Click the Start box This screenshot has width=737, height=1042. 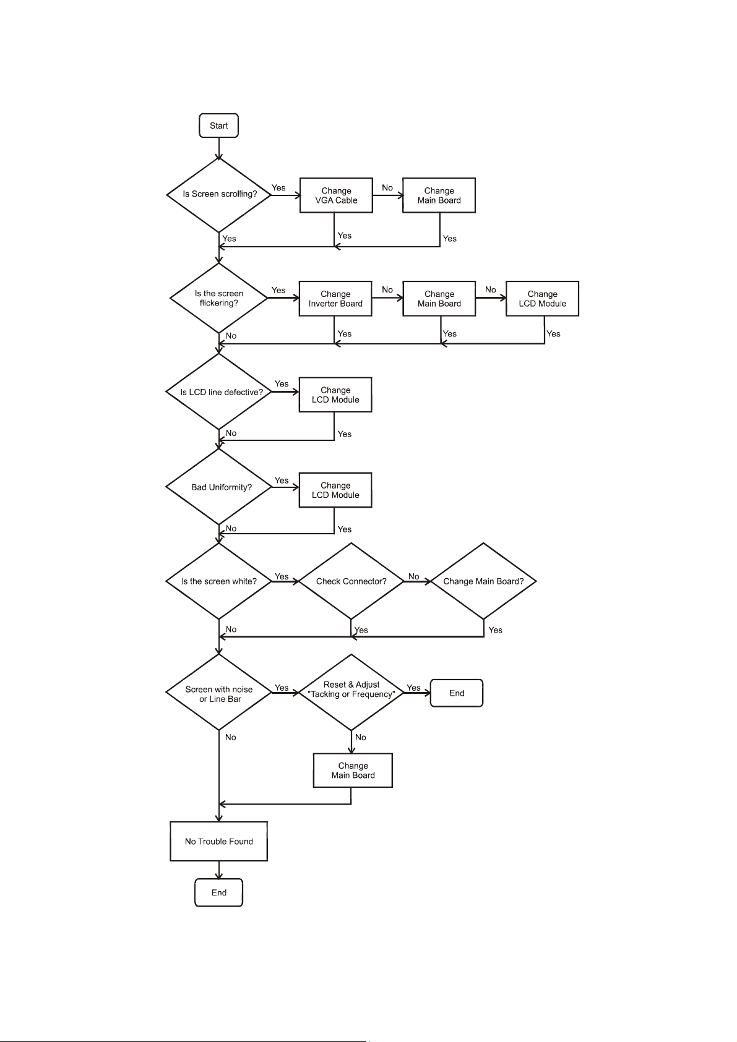218,126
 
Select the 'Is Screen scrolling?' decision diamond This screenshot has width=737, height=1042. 219,194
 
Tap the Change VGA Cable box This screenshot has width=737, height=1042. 336,195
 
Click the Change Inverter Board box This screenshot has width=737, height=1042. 335,299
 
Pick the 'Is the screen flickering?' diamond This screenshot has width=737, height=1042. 219,298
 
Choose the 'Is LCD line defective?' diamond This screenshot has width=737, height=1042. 219,392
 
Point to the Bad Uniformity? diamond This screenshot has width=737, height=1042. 219,487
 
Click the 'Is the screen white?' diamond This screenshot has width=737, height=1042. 219,581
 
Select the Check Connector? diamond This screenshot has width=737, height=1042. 351,581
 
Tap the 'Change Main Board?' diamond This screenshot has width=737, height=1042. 483,581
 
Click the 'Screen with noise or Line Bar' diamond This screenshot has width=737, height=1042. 219,693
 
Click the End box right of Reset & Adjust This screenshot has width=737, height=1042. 457,693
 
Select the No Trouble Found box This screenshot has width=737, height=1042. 219,841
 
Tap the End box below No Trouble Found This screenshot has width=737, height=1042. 219,892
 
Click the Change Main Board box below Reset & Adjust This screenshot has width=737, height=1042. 353,771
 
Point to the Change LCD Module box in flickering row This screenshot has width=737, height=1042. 542,299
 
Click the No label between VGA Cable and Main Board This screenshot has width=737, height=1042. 387,188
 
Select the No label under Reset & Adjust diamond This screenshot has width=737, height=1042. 361,737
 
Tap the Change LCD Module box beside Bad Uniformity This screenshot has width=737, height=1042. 335,490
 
